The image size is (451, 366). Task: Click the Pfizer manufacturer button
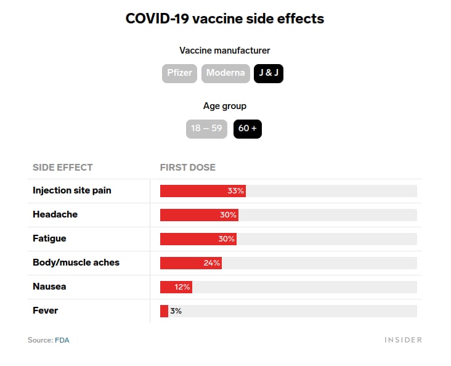click(x=180, y=73)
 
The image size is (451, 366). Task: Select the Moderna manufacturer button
click(x=225, y=73)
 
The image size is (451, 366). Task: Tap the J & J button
click(x=269, y=73)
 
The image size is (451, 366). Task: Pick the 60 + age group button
click(x=248, y=129)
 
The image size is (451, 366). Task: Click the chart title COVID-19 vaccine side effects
click(x=225, y=18)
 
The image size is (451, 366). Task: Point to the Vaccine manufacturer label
click(x=225, y=51)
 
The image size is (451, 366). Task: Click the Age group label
click(x=225, y=106)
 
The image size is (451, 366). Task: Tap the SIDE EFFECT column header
click(x=63, y=168)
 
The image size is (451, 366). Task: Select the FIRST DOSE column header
click(x=188, y=168)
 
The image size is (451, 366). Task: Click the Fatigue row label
click(x=49, y=238)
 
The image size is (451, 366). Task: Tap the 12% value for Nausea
click(x=183, y=287)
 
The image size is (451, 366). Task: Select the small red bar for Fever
click(x=164, y=311)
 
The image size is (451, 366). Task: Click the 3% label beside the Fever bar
click(x=176, y=311)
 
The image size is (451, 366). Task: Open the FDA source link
click(x=62, y=340)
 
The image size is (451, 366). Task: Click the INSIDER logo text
click(x=404, y=340)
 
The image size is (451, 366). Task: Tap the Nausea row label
click(x=49, y=287)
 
